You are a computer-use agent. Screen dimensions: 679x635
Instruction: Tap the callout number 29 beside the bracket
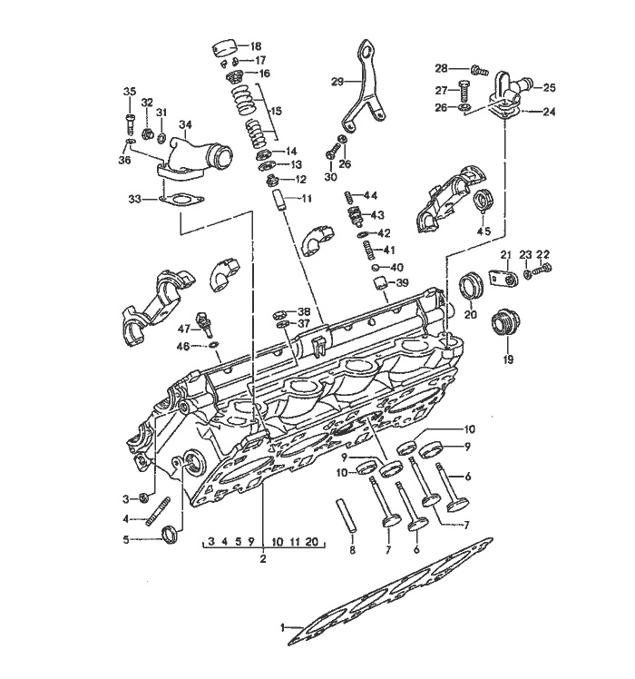pos(337,82)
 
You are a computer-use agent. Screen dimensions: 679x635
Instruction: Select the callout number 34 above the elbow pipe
pos(185,125)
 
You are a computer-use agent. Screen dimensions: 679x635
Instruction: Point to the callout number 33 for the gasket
pos(134,199)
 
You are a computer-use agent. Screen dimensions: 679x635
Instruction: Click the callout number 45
pos(484,231)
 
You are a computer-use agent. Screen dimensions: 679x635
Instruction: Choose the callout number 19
pos(508,360)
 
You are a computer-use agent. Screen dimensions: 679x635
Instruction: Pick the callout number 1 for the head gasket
pos(283,627)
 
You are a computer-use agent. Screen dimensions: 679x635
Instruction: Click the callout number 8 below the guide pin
pos(352,551)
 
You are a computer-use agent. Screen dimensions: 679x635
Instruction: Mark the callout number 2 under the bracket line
pos(263,558)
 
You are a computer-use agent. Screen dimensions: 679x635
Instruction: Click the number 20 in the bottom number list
pos(311,542)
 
